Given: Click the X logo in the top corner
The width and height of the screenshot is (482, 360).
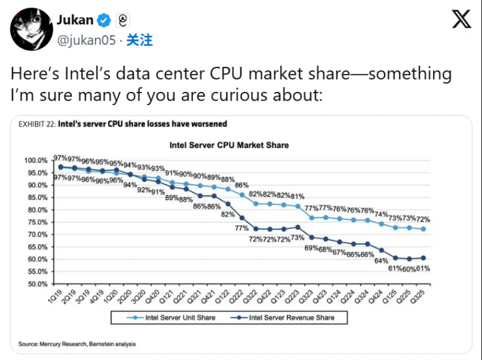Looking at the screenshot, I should click(461, 20).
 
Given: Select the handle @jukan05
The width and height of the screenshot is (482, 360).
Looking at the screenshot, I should click(86, 40).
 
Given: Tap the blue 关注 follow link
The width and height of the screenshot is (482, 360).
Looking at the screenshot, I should click(139, 40).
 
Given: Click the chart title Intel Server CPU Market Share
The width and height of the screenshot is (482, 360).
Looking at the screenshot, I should click(229, 145).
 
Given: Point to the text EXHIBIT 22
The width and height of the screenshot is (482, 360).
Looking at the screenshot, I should click(36, 124).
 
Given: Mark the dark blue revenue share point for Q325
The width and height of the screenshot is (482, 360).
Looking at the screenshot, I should click(423, 258).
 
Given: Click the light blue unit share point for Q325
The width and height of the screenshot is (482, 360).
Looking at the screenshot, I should click(423, 229).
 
